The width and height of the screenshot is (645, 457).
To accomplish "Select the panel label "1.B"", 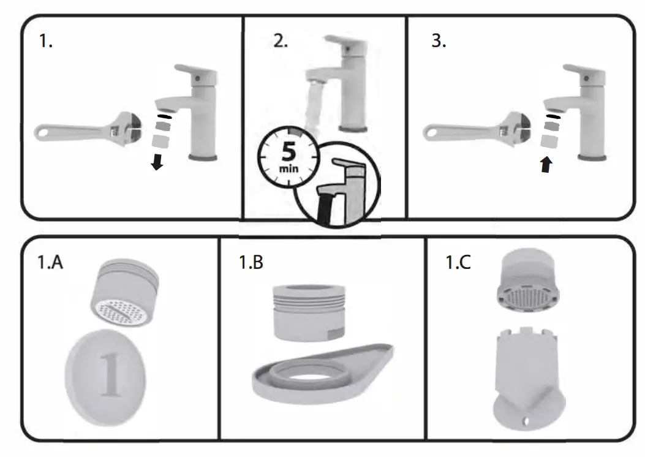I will pos(251,263).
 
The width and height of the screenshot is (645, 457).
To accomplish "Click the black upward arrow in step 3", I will pos(545,164).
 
